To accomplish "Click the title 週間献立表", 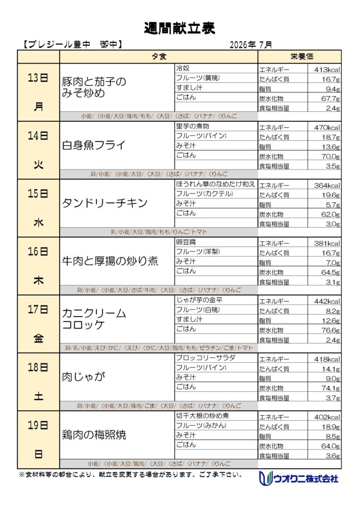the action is pos(180,28).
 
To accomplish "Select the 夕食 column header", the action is pos(159,57).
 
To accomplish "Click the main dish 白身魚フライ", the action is pos(93,145).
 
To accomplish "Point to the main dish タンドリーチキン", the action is pos(104,203).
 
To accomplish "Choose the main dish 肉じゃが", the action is pos(84,377).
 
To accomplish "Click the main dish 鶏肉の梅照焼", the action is pos(94,434).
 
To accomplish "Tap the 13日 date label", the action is pos(38,78).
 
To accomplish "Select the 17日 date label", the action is pos(38,309).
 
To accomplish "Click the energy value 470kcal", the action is pos(327,128).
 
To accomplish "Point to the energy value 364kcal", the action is pos(327,186).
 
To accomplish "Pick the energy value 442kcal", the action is pos(327,301).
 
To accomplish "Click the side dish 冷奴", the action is pos(183,68).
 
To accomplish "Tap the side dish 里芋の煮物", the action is pos(192,126).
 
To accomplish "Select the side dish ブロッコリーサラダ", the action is pos(206,358).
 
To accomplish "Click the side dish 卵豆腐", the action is pos(186,242).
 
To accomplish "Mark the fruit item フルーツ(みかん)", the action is pos(201,425).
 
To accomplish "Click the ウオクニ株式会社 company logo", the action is pos(299,478).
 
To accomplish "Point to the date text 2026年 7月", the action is pos(251,45).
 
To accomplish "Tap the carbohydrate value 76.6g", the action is pos(331,331).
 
